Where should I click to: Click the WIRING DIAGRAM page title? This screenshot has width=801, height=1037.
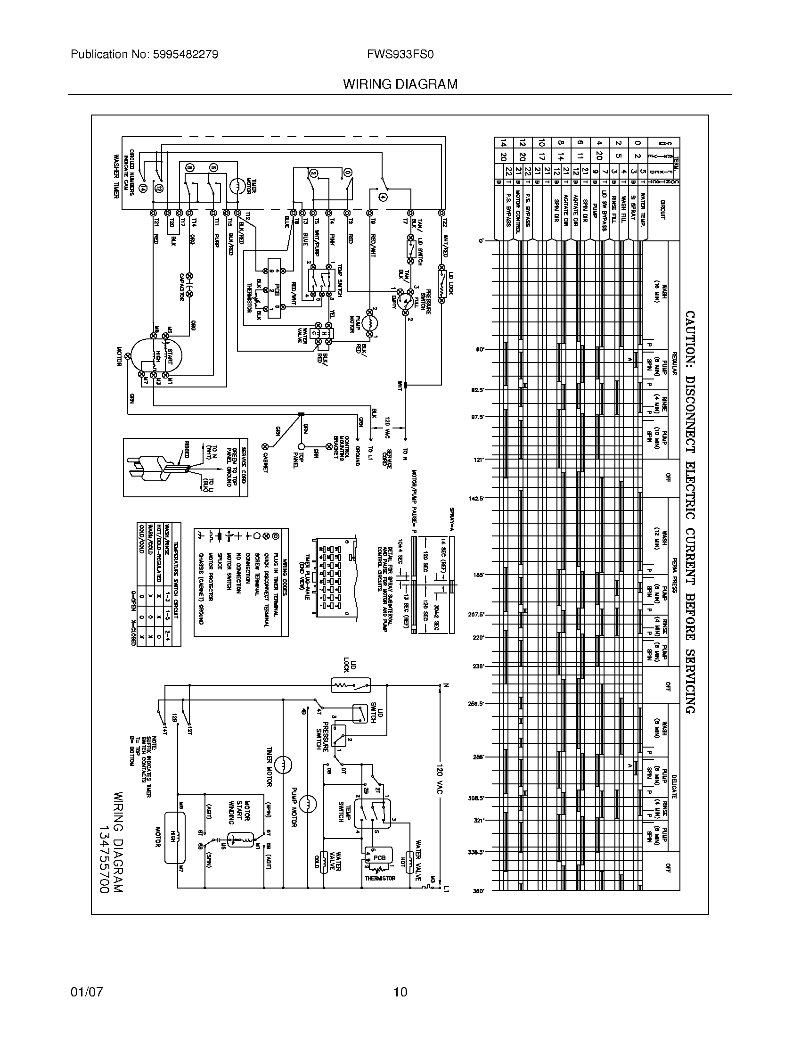click(400, 84)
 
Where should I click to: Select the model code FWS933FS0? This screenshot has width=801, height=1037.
click(400, 55)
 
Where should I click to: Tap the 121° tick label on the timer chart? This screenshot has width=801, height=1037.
click(478, 460)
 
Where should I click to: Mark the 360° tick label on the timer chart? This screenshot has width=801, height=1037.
click(478, 891)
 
